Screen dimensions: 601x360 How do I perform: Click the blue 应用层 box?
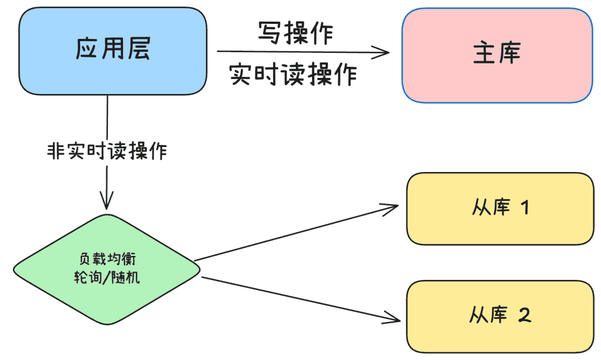[x=112, y=51]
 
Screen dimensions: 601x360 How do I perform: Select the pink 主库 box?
[x=497, y=55]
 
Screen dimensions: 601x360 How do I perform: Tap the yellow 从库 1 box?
[x=500, y=209]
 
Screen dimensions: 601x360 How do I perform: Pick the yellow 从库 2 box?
[x=500, y=316]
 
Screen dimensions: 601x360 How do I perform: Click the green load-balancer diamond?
[x=106, y=269]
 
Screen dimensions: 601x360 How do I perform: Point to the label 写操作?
[x=295, y=33]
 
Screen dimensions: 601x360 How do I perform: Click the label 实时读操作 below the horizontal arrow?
[x=293, y=74]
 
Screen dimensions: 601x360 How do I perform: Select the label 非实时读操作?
[x=107, y=151]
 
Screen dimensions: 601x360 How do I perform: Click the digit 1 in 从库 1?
[x=525, y=208]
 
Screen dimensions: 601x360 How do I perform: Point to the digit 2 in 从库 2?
[x=525, y=315]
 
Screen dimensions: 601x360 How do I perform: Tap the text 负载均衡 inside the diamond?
[x=107, y=259]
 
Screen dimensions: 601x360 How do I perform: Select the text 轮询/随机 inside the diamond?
[x=107, y=277]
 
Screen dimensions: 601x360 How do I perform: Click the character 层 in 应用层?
[x=139, y=49]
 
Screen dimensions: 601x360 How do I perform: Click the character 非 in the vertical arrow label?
[x=56, y=151]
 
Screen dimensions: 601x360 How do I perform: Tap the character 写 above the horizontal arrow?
[x=269, y=32]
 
